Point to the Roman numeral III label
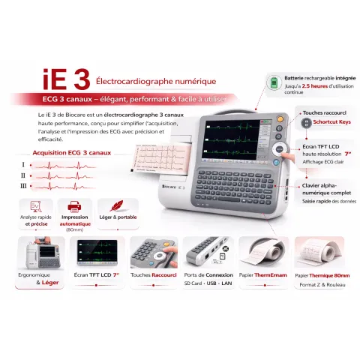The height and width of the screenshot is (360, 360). point(24,185)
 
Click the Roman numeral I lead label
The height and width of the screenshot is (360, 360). point(24,164)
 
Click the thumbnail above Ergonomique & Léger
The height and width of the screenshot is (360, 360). point(42,255)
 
